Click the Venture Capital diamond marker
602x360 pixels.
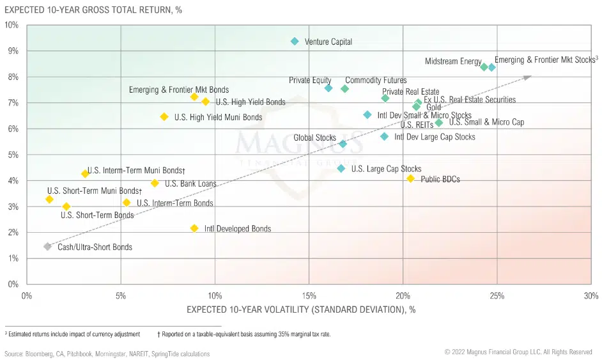pos(295,42)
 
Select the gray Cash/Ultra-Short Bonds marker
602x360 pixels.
pos(47,247)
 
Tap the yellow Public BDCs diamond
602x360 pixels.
pos(410,178)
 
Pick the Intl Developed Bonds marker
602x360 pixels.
pos(194,228)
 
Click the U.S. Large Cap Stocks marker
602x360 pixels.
pos(341,169)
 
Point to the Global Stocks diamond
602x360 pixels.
pos(343,144)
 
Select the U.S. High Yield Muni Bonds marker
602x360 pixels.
pos(164,117)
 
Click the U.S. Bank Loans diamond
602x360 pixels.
pos(155,183)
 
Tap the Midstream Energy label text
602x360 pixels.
pos(453,61)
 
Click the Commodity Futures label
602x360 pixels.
pos(376,81)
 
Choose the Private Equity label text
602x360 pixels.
pos(310,81)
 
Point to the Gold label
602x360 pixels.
pos(433,107)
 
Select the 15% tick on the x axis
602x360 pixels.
pos(309,296)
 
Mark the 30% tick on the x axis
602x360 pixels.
pos(591,296)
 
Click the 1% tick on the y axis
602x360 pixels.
pos(13,258)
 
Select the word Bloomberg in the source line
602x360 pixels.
pos(40,354)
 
